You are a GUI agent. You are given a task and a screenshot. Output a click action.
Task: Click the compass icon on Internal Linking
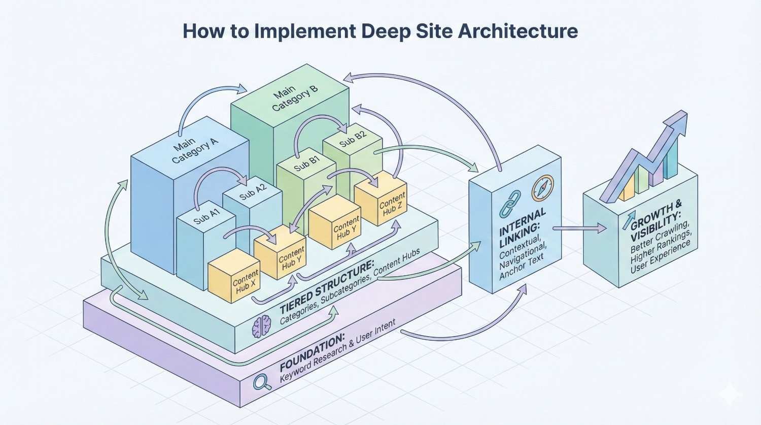tap(542, 188)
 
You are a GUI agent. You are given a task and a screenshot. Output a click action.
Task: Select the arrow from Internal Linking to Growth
tap(578, 228)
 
